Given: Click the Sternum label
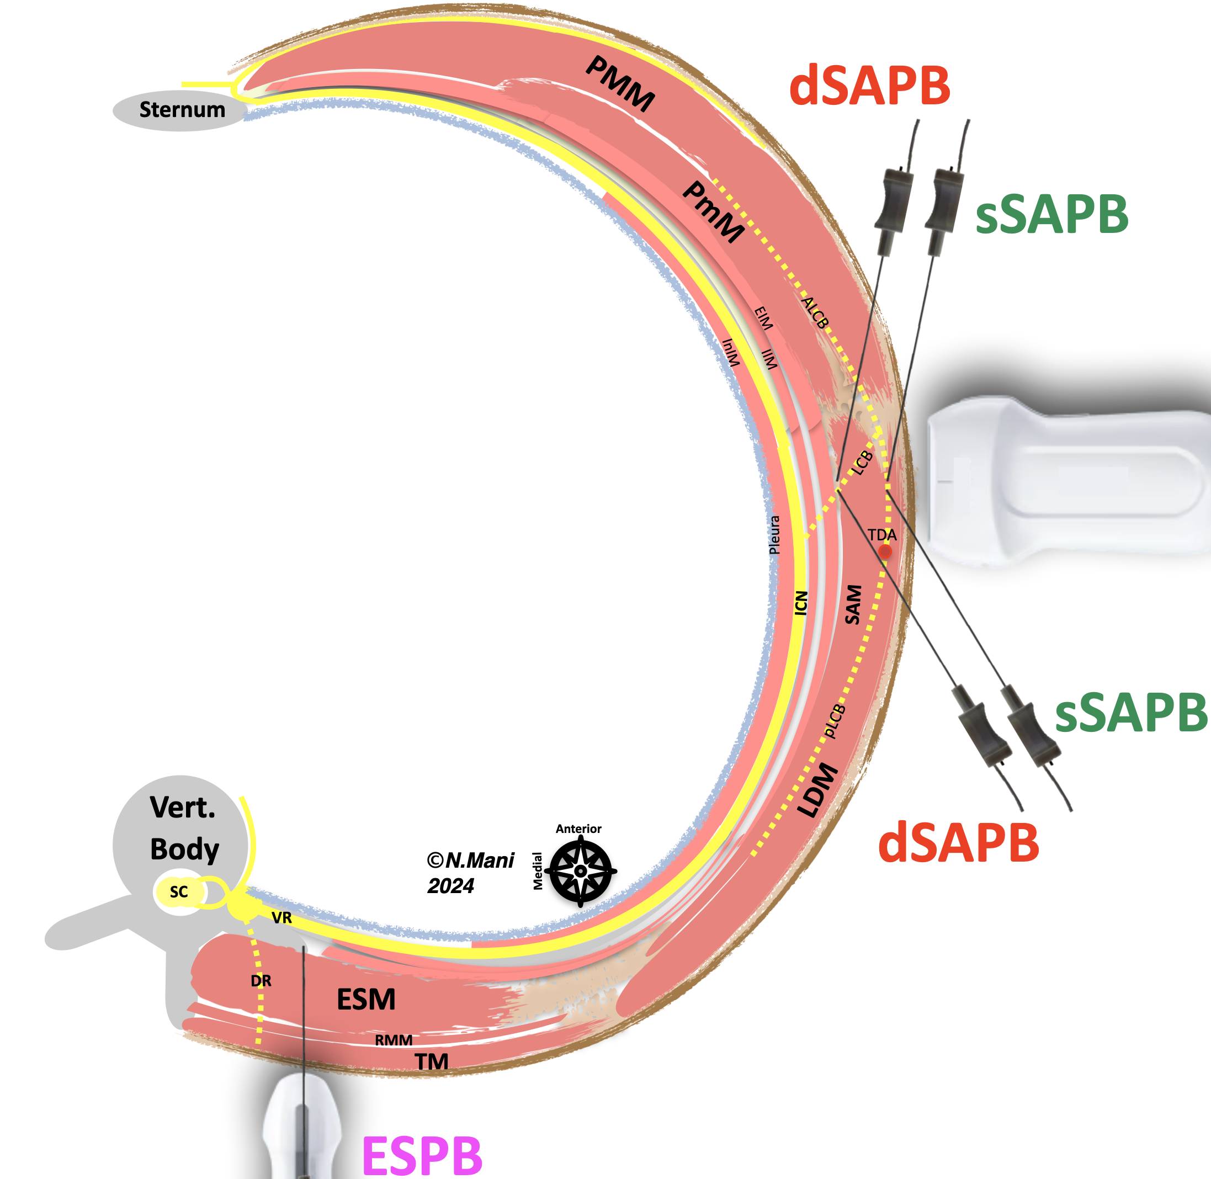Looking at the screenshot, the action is [182, 110].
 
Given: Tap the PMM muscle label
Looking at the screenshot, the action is [620, 83].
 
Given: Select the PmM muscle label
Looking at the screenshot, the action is [713, 212].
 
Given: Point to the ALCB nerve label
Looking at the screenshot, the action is [815, 313].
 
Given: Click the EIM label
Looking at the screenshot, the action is [764, 318].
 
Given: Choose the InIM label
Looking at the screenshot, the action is [731, 352].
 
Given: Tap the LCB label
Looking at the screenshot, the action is [862, 463].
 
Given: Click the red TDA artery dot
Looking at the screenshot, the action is [885, 551].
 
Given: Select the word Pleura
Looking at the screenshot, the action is [774, 535].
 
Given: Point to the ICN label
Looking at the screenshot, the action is [801, 603].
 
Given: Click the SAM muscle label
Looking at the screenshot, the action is [853, 604].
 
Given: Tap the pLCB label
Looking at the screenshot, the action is [835, 721].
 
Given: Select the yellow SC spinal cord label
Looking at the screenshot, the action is [179, 891].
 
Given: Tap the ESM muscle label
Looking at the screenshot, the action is [366, 1000].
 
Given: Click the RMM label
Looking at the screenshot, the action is [394, 1040].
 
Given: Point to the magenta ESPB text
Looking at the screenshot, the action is [422, 1155].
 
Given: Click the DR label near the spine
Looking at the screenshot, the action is [261, 981].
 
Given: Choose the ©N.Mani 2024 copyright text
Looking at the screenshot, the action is [470, 873].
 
